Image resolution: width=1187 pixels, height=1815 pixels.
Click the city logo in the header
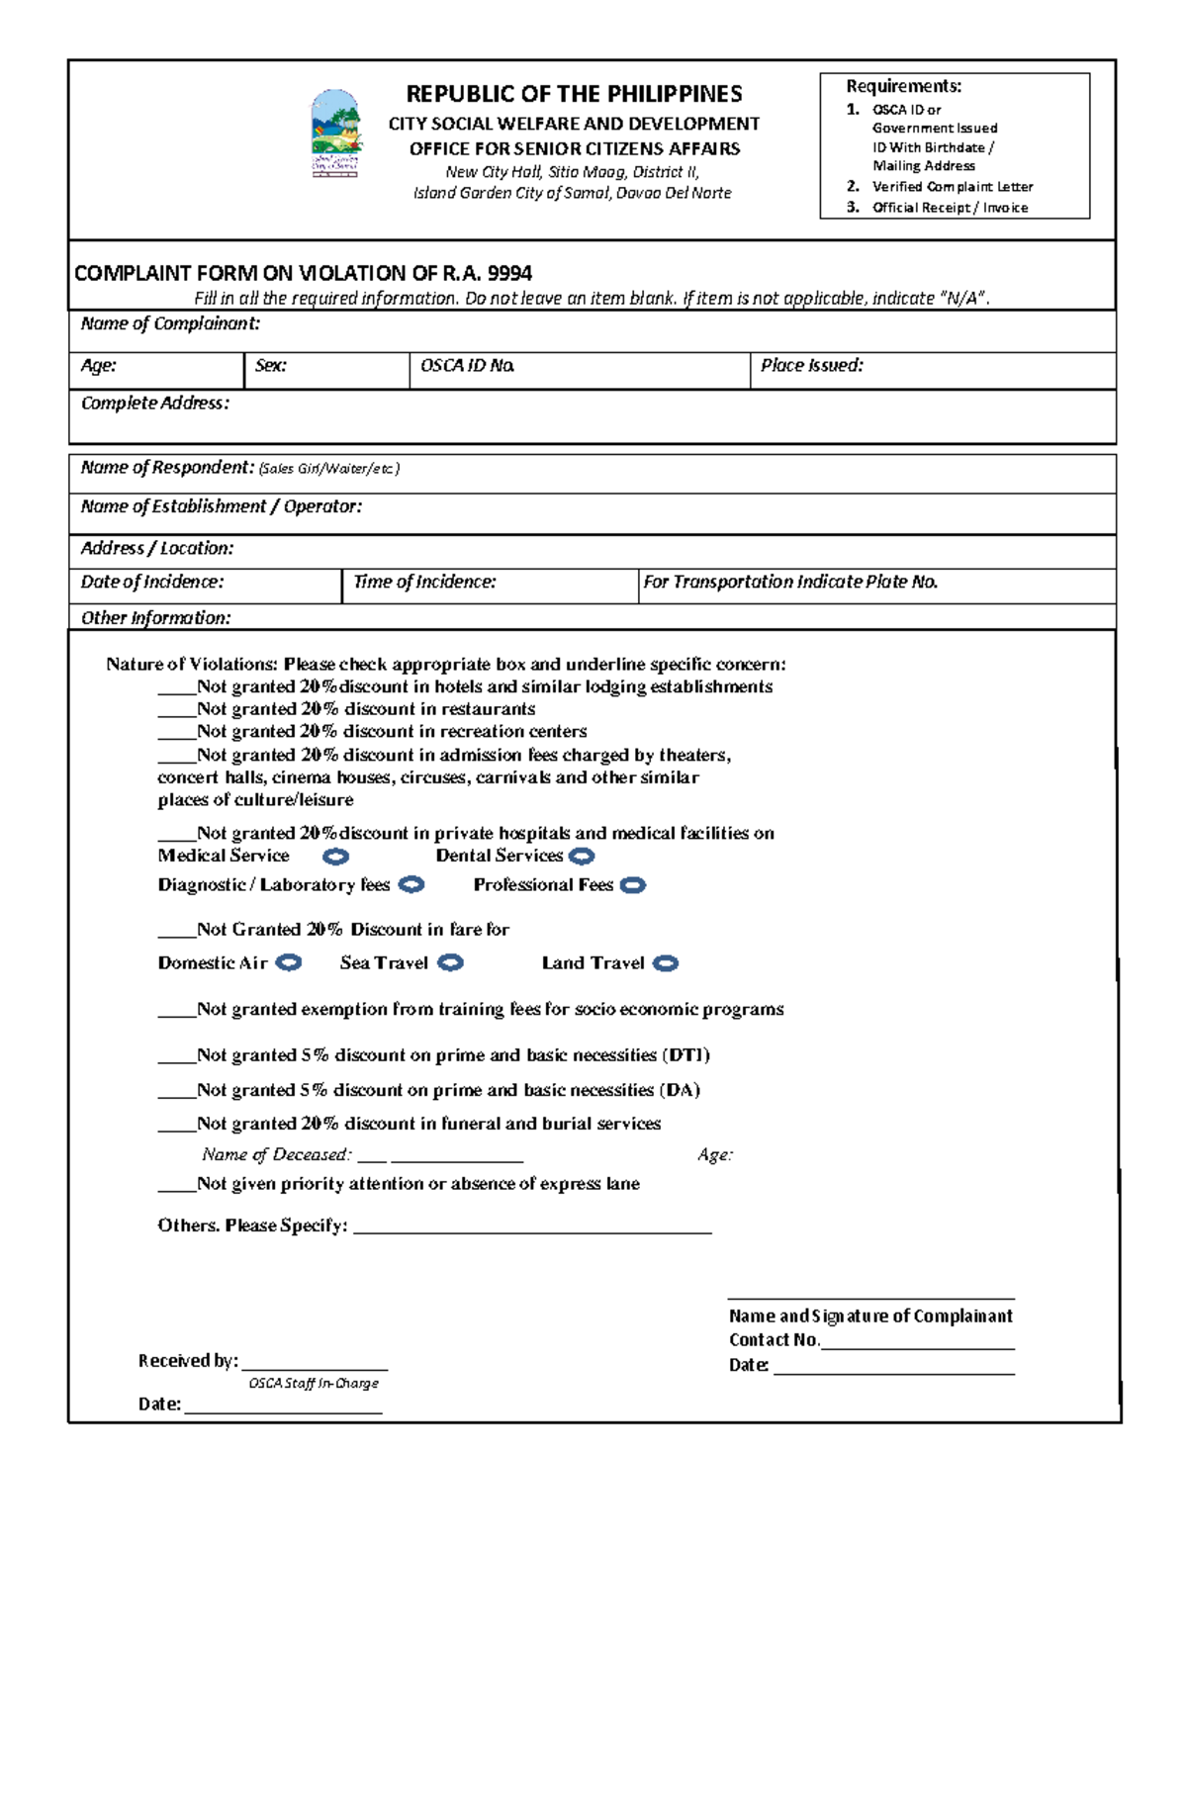[336, 134]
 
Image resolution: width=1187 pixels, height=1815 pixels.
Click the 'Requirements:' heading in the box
[903, 86]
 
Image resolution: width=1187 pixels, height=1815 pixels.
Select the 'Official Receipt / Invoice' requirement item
[950, 208]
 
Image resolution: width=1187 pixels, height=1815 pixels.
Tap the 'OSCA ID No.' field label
[467, 366]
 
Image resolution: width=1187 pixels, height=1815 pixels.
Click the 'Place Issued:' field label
[811, 366]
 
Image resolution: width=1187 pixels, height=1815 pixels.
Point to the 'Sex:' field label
[270, 366]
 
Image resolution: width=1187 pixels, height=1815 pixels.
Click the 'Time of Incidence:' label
[424, 583]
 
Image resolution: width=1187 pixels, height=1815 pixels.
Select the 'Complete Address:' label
[154, 404]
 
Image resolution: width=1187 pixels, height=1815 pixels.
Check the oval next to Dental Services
[583, 857]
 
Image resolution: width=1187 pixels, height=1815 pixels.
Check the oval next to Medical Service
[336, 857]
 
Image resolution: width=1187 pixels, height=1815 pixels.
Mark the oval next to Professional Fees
[633, 886]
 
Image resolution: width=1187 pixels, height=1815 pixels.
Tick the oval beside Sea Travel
[450, 963]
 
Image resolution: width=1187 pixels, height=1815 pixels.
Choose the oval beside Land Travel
[666, 964]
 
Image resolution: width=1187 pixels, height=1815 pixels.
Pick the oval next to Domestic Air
[288, 963]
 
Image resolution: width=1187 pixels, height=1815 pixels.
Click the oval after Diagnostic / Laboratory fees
[411, 885]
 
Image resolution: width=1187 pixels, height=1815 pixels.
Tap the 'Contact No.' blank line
[917, 1343]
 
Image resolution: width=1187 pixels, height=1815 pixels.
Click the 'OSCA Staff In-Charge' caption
[314, 1384]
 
